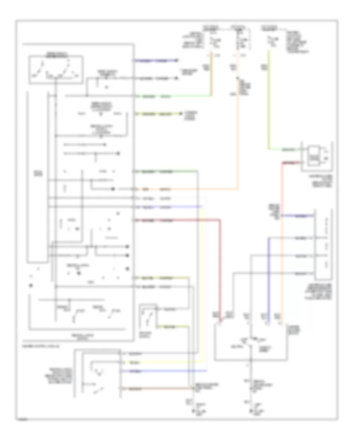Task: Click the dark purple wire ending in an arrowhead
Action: pos(156,61)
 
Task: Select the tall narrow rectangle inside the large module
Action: pos(37,176)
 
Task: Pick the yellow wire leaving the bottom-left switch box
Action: pos(160,363)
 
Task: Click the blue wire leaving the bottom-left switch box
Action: pos(160,372)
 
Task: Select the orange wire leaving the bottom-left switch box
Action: pos(160,389)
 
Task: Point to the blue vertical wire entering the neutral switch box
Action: pos(268,280)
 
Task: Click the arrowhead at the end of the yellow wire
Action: pos(177,114)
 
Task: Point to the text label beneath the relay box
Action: pos(316,180)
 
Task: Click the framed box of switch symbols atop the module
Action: pos(56,70)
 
